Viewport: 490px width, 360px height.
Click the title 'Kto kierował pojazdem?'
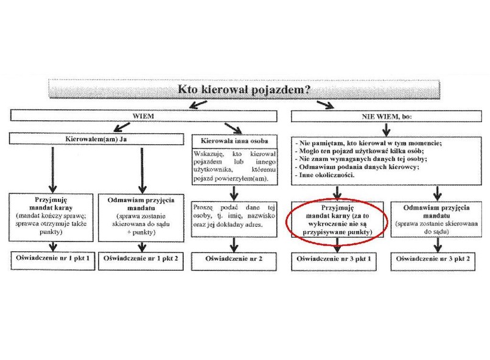point(244,89)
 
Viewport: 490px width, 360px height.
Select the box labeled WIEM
point(144,116)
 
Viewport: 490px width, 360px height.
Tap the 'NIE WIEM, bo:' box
point(387,117)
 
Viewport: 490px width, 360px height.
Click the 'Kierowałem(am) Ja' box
point(96,139)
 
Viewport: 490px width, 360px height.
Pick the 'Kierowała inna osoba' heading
point(234,141)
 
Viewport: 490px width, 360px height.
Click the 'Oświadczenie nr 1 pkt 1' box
point(53,261)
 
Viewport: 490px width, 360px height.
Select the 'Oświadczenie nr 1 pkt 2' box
point(141,261)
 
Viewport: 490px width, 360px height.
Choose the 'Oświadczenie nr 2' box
point(234,261)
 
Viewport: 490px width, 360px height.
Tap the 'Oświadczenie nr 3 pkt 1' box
point(334,261)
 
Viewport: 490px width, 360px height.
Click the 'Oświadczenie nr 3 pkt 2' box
point(433,261)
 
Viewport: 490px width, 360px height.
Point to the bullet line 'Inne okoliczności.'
point(324,175)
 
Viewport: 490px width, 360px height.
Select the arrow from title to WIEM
point(198,105)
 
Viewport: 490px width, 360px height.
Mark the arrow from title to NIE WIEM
point(325,105)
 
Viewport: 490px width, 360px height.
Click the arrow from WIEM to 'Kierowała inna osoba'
point(233,128)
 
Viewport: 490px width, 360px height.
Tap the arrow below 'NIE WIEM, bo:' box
point(387,130)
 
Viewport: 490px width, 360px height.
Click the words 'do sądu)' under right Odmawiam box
point(436,232)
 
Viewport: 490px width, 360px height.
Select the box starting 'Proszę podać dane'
point(234,219)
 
